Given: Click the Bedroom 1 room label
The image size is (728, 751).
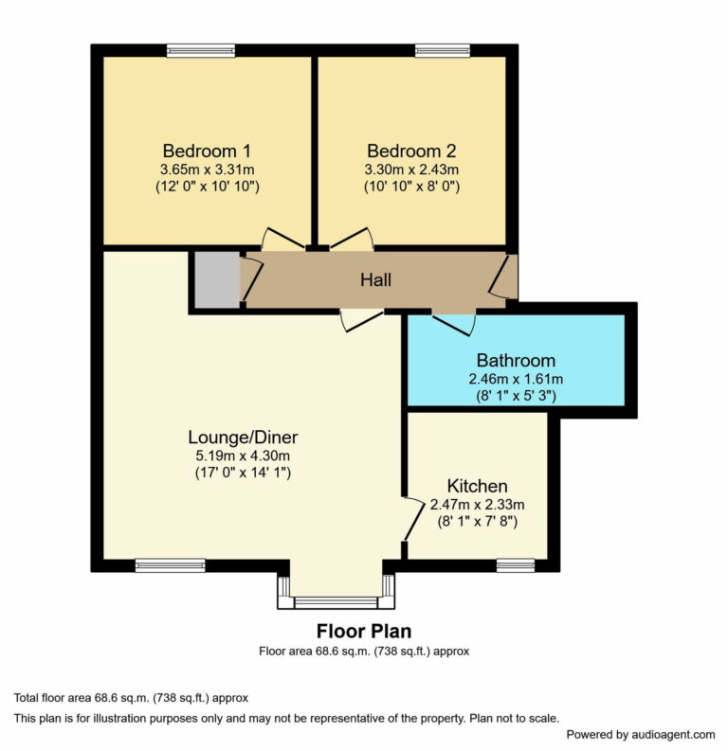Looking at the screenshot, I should (x=207, y=151).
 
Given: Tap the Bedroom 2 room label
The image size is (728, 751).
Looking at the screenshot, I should (x=411, y=151).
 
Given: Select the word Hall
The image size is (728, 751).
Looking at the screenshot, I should (x=375, y=280).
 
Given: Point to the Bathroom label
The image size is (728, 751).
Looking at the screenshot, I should (x=516, y=361).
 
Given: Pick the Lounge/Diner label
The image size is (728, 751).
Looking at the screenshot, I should (x=243, y=438).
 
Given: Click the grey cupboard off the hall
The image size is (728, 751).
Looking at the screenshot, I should (x=215, y=279).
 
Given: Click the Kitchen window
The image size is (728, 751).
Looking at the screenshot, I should (x=516, y=565).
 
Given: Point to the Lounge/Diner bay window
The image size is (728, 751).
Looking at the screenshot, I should (x=337, y=601).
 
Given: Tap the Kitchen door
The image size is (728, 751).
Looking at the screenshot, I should (x=411, y=519).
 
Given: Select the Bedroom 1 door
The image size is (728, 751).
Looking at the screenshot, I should (x=282, y=240).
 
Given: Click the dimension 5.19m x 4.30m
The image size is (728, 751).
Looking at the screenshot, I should (x=243, y=455).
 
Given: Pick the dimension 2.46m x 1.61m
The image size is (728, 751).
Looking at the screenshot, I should (x=516, y=379).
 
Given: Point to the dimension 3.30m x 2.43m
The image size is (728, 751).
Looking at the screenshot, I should (x=411, y=170).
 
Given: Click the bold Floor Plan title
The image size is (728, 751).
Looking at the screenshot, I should (x=364, y=631).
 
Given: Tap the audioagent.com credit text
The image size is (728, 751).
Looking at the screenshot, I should (x=641, y=734).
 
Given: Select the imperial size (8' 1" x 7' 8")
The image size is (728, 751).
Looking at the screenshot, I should (x=477, y=521).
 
